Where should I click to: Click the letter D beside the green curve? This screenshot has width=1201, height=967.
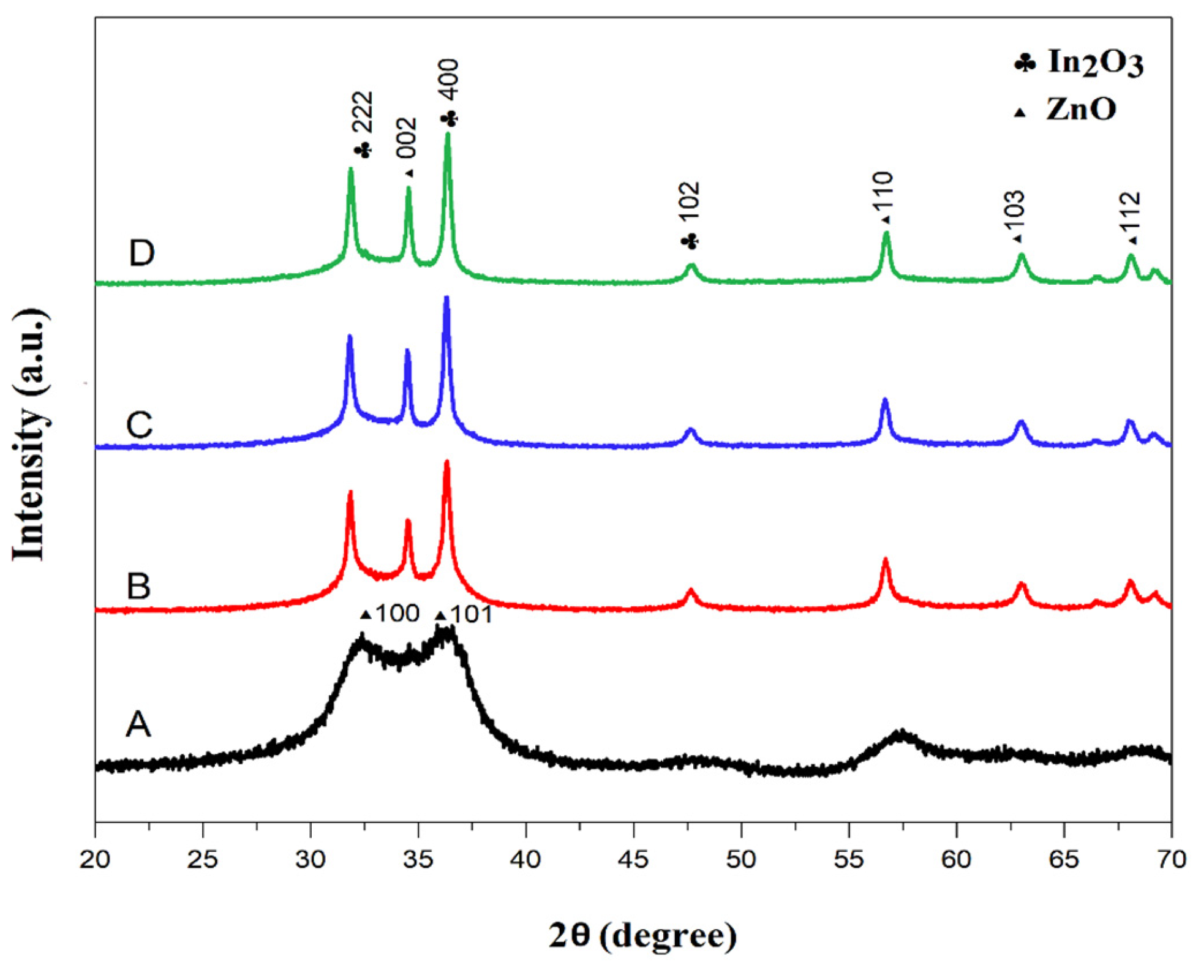point(141,253)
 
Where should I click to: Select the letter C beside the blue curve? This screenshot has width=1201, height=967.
point(139,424)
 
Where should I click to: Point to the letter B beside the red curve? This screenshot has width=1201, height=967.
point(138,586)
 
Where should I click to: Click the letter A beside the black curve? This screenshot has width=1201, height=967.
point(138,724)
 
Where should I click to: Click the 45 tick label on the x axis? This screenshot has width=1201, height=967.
point(633,860)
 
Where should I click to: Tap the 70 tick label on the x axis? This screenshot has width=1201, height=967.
point(1170,860)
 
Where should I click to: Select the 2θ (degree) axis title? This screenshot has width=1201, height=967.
point(642,935)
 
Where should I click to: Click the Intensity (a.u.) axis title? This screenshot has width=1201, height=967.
point(29,435)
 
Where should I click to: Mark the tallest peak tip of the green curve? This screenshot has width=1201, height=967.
point(448,134)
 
